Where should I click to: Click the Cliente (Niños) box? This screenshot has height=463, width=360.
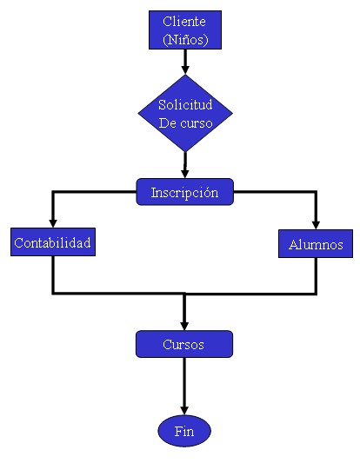pyautogui.click(x=185, y=30)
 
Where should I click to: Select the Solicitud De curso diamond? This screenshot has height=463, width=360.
pyautogui.click(x=185, y=113)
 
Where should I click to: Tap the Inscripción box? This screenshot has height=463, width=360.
pyautogui.click(x=184, y=192)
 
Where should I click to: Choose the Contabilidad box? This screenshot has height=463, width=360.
pyautogui.click(x=53, y=241)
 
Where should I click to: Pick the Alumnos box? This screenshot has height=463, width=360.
pyautogui.click(x=316, y=243)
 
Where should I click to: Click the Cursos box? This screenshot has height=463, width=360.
pyautogui.click(x=184, y=344)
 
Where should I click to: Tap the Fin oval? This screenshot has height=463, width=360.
pyautogui.click(x=184, y=431)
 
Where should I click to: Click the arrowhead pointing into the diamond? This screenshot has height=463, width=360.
pyautogui.click(x=185, y=69)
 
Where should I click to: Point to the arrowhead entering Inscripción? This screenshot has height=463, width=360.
pyautogui.click(x=185, y=174)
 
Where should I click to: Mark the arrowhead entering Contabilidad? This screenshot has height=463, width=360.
pyautogui.click(x=53, y=223)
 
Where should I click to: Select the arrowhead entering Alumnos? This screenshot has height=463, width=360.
pyautogui.click(x=316, y=225)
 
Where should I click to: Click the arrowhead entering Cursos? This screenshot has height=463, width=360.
pyautogui.click(x=184, y=326)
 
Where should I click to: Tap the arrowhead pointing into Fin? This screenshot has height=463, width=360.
pyautogui.click(x=184, y=410)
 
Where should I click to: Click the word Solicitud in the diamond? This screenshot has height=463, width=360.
pyautogui.click(x=185, y=104)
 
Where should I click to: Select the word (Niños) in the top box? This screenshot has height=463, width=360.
pyautogui.click(x=185, y=40)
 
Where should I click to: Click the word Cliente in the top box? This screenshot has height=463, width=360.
pyautogui.click(x=184, y=21)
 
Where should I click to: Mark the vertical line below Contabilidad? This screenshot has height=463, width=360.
pyautogui.click(x=53, y=274)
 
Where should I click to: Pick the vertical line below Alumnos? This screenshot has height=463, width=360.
pyautogui.click(x=316, y=275)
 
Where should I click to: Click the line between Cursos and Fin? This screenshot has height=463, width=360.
pyautogui.click(x=184, y=382)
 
